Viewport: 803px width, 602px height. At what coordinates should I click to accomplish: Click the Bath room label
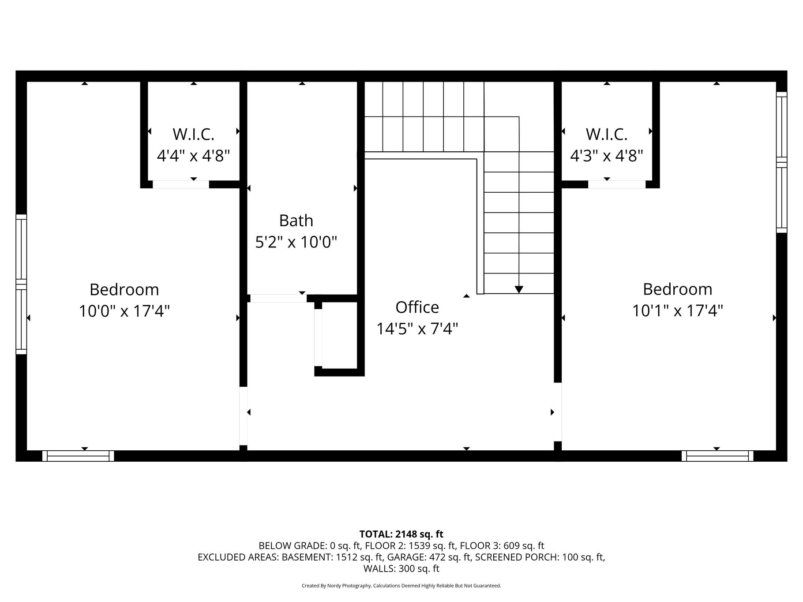pos(296,221)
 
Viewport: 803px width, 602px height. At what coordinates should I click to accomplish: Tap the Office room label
pos(417,307)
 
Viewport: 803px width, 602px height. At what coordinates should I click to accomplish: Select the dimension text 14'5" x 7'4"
pos(417,329)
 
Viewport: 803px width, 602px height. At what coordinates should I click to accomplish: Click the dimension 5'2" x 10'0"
pos(296,242)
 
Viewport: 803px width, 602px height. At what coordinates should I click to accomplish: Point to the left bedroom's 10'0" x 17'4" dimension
pos(124,311)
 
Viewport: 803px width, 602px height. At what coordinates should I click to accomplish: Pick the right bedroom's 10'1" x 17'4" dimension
pos(677,311)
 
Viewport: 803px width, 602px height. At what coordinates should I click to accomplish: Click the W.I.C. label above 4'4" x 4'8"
pos(193,134)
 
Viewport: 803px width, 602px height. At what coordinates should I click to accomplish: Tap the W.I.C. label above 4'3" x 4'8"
pos(606,134)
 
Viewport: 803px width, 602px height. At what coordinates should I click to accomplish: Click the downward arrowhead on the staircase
pos(519,289)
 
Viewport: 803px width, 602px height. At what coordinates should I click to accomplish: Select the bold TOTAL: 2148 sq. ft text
pos(401,535)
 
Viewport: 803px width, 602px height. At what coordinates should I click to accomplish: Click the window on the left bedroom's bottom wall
pos(78,456)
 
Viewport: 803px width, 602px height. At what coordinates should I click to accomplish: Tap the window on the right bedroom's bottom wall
pos(717,456)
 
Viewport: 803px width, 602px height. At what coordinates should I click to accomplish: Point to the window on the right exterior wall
pos(781,162)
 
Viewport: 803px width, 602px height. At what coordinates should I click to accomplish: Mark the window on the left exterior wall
pos(21,284)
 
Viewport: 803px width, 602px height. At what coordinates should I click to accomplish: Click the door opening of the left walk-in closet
pos(181,184)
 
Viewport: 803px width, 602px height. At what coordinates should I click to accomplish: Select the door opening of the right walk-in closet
pos(617,184)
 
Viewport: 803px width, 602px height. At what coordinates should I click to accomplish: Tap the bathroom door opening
pos(278,298)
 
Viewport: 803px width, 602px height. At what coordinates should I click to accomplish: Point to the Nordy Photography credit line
pos(401,586)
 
